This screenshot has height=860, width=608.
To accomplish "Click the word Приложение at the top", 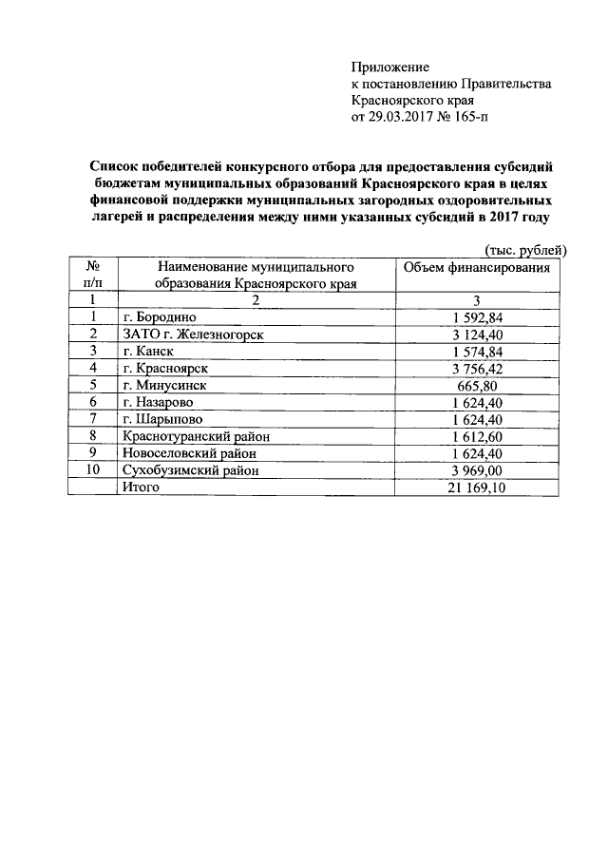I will [390, 67].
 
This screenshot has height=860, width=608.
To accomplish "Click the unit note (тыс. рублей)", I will [525, 250].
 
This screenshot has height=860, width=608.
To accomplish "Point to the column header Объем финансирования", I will [477, 268].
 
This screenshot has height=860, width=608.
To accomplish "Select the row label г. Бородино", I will [159, 316].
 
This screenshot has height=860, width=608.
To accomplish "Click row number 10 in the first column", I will [93, 469].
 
